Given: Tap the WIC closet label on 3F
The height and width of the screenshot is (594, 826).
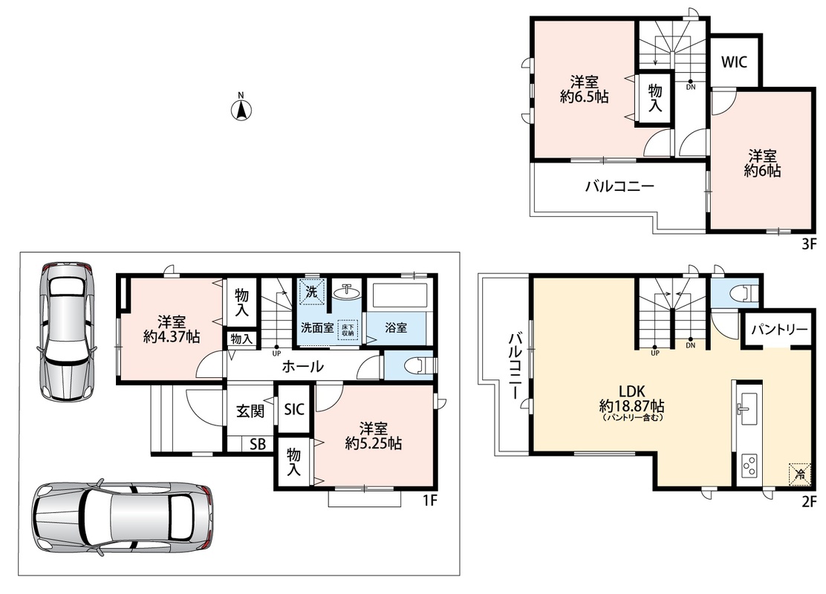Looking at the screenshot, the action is point(734,62).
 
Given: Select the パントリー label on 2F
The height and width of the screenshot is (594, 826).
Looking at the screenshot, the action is point(779,330).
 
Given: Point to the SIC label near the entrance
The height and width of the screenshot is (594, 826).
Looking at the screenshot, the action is point(294,408).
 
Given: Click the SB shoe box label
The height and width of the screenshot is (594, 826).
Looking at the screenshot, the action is point(258,444).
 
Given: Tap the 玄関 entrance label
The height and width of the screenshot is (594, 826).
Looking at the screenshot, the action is point(250,411).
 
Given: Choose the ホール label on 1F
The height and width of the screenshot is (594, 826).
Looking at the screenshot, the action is point(302,366).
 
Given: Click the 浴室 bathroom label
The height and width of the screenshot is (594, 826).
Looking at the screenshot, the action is point(396,327).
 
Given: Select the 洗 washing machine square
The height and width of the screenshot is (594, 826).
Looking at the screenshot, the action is point(311,292).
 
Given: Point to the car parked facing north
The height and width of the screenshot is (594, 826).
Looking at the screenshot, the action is point(66,330).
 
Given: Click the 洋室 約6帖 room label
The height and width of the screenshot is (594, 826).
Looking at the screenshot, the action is point(762,163).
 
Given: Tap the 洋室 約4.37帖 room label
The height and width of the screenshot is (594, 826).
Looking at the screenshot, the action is point(172,329).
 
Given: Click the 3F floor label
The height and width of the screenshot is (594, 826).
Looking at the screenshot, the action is point(809,244).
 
